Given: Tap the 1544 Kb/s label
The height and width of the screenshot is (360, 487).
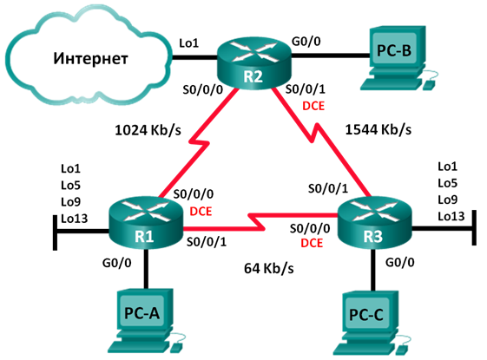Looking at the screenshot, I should click(x=379, y=130).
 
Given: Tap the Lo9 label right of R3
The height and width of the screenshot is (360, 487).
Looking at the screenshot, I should click(x=449, y=199).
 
